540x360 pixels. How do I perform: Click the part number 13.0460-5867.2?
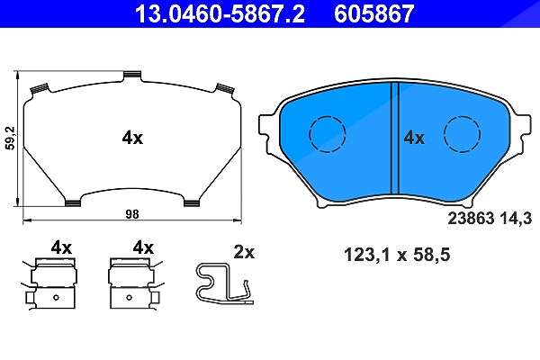pyautogui.click(x=220, y=13)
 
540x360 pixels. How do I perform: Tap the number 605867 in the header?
pyautogui.click(x=374, y=13)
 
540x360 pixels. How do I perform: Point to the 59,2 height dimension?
pyautogui.click(x=12, y=138)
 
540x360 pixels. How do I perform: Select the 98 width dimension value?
pyautogui.click(x=132, y=214)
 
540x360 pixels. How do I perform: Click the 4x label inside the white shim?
pyautogui.click(x=132, y=138)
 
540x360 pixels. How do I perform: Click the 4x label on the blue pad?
pyautogui.click(x=414, y=138)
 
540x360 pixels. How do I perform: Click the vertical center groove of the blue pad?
pyautogui.click(x=395, y=138)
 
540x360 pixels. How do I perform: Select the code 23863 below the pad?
pyautogui.click(x=471, y=219)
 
